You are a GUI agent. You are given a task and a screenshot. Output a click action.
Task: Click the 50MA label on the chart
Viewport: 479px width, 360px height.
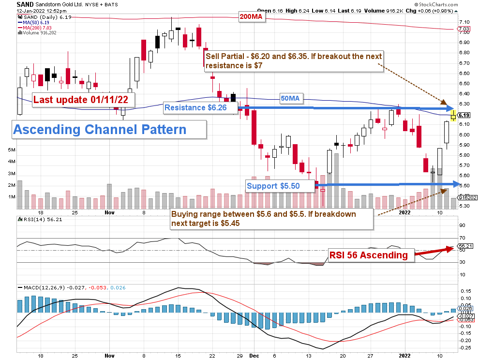click(291, 98)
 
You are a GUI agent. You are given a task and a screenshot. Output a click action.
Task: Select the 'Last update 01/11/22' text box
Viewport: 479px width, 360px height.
click(83, 100)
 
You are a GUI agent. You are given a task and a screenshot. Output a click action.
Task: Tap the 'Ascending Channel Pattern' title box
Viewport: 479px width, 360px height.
click(99, 130)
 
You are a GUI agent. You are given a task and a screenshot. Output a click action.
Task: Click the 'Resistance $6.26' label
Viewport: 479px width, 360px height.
click(195, 107)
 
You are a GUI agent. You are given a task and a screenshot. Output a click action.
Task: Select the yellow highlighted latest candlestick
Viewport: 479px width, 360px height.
click(453, 115)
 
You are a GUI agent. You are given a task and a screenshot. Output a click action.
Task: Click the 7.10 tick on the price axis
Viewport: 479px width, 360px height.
click(464, 22)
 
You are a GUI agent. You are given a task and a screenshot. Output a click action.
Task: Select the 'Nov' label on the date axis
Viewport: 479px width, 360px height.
click(109, 212)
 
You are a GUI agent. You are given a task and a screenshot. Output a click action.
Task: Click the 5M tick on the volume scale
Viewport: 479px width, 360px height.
click(11, 150)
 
